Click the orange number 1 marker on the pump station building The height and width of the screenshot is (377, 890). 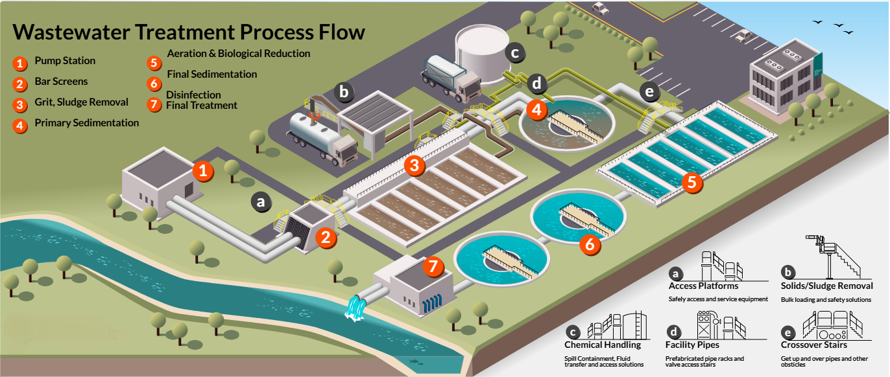[x=203, y=172]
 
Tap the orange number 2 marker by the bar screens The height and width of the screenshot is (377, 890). [x=326, y=237]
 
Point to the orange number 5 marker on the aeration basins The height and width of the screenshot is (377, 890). [x=692, y=182]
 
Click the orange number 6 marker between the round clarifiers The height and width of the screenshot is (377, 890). [x=590, y=244]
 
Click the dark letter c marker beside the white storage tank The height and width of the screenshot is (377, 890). [x=515, y=53]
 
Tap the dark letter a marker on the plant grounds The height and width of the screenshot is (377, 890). [x=261, y=202]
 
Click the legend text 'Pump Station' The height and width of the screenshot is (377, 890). [x=65, y=61]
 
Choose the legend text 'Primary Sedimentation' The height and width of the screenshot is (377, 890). [x=86, y=122]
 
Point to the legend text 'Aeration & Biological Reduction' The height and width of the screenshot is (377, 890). [x=239, y=54]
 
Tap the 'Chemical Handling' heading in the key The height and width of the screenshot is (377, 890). [x=603, y=345]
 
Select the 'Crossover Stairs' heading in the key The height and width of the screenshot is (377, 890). [x=813, y=345]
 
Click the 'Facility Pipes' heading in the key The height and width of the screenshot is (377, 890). [x=692, y=345]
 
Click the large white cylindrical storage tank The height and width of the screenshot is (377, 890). [x=481, y=49]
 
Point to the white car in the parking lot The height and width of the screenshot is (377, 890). [x=600, y=8]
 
